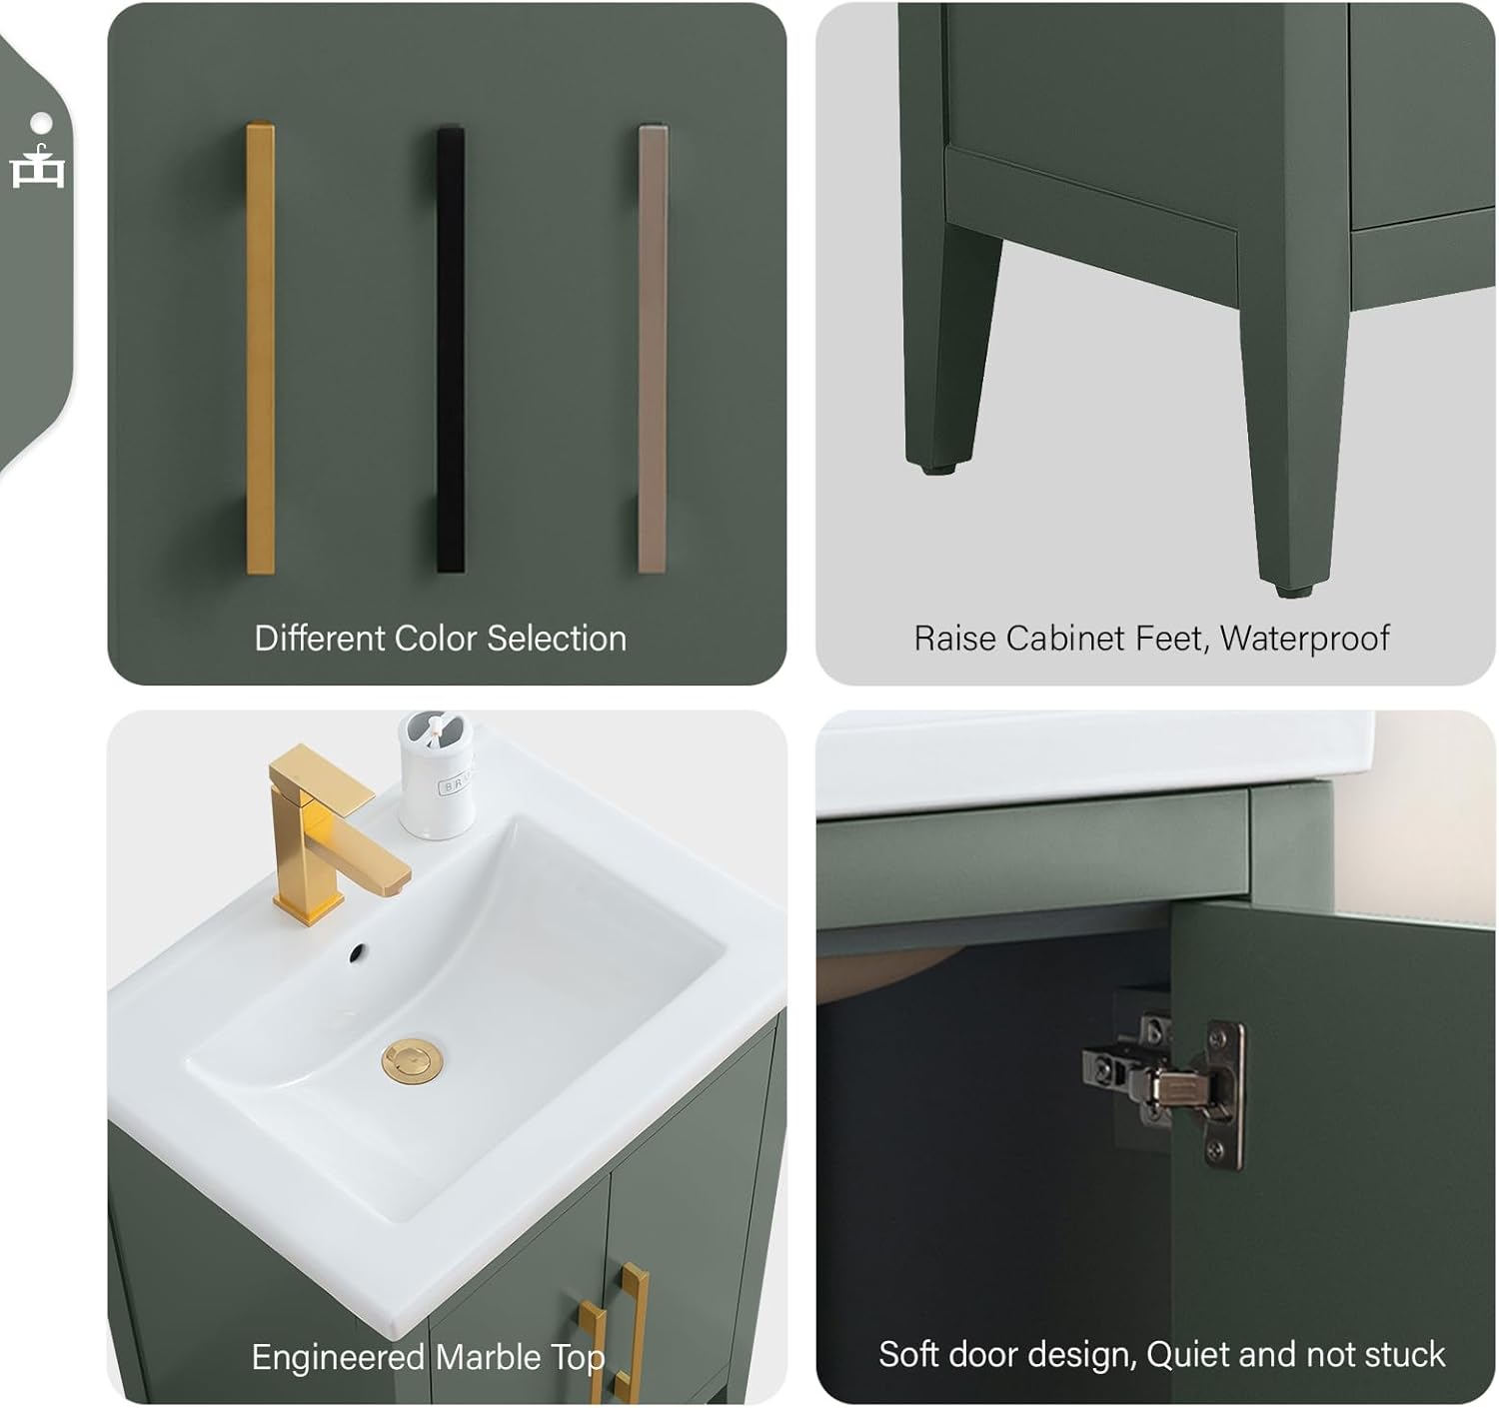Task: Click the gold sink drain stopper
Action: (413, 1060)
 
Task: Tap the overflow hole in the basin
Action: (357, 953)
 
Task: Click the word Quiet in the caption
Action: (1189, 1355)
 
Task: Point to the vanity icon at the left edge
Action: (38, 168)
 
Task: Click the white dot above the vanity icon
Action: (41, 122)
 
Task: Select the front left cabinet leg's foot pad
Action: (936, 466)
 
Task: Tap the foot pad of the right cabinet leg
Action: (1292, 590)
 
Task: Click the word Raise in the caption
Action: (955, 639)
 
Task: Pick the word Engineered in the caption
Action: (338, 1357)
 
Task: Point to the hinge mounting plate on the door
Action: (1225, 1094)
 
